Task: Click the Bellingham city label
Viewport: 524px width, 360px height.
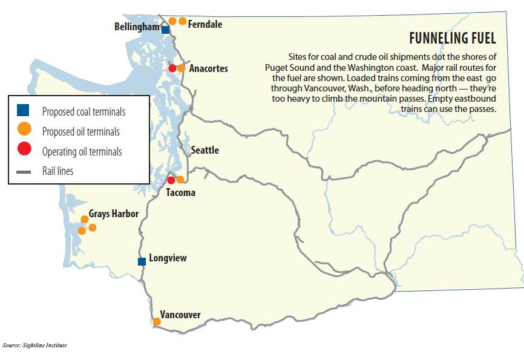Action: coord(137,27)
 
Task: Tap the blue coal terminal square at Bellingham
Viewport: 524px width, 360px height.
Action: coord(166,28)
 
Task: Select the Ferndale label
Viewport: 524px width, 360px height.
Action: coord(205,25)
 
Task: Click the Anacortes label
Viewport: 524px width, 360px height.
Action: coord(208,68)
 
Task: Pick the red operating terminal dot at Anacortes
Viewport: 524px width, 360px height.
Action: coord(172,68)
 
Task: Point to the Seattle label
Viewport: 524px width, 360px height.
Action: coord(205,150)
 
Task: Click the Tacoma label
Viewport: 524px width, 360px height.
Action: coord(180,192)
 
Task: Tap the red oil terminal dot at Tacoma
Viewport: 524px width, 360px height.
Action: coord(171,180)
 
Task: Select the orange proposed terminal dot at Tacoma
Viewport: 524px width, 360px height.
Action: coord(180,179)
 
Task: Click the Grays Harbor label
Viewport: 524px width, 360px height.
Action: coord(114,214)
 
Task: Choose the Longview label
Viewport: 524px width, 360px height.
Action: coord(168,258)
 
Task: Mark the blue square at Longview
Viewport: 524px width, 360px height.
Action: coord(142,261)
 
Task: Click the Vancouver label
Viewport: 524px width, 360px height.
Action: coord(180,315)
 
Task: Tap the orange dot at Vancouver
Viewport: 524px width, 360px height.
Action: coord(157,321)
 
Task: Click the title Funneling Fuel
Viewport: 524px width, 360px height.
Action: coord(453,39)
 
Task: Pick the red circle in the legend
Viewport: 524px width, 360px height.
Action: coord(24,150)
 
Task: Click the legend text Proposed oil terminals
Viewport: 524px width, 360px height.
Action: coord(81,131)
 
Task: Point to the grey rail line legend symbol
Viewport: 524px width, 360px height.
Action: coord(24,172)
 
